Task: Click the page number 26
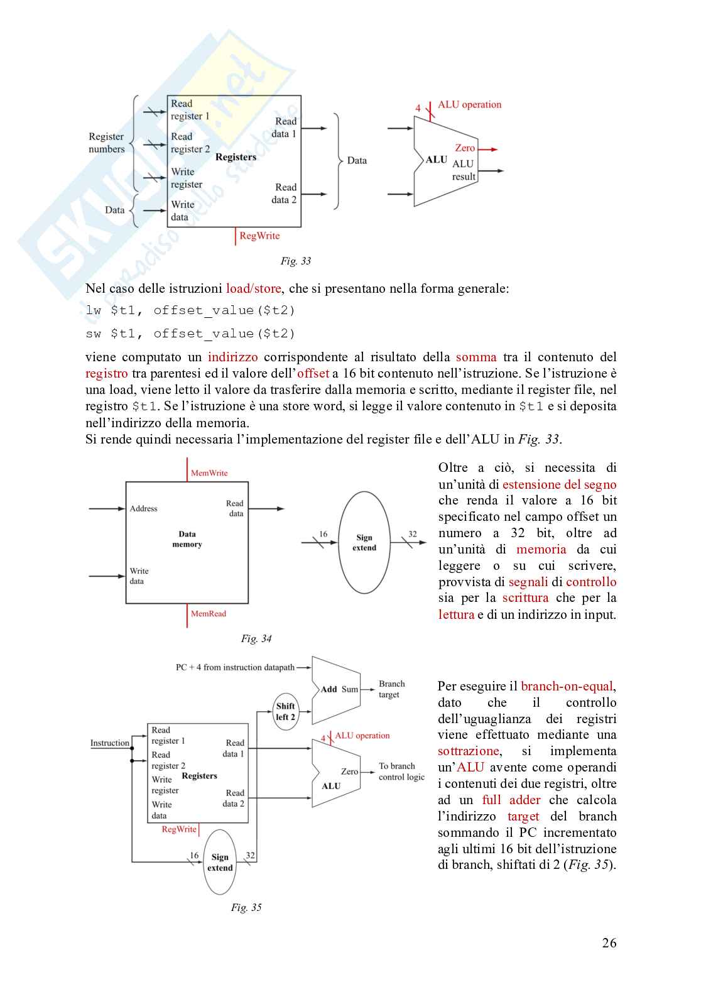[x=609, y=942]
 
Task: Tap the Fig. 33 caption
[x=295, y=261]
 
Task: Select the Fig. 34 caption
[x=256, y=639]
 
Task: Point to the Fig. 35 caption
[x=246, y=908]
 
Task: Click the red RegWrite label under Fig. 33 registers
[x=259, y=236]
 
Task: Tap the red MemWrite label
[x=209, y=473]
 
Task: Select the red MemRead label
[x=209, y=614]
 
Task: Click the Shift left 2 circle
[x=285, y=711]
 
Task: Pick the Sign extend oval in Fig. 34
[x=364, y=543]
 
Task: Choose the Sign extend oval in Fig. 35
[x=220, y=862]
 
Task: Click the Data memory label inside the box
[x=187, y=539]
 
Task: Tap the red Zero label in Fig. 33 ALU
[x=465, y=148]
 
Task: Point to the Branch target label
[x=391, y=689]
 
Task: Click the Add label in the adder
[x=329, y=689]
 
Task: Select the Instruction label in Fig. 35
[x=110, y=743]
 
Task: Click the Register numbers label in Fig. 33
[x=107, y=143]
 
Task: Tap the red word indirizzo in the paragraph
[x=233, y=357]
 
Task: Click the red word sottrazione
[x=469, y=751]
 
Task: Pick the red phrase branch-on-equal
[x=567, y=686]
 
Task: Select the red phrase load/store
[x=254, y=289]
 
